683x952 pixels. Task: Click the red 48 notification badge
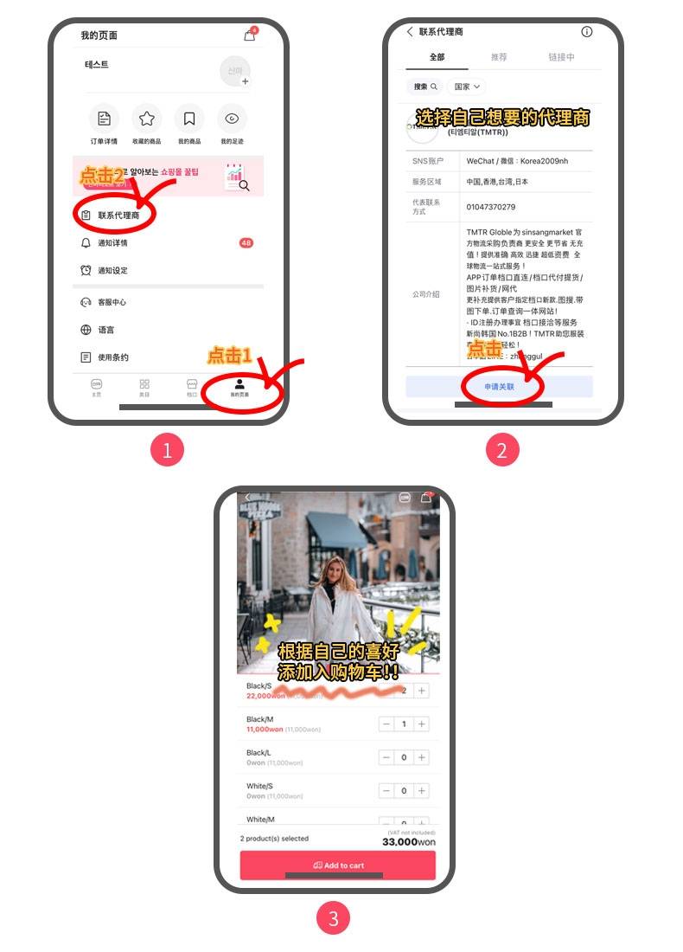click(x=246, y=243)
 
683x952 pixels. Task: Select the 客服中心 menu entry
click(x=112, y=302)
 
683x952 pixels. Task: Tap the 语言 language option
click(x=105, y=330)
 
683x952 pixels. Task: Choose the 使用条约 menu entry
click(x=112, y=357)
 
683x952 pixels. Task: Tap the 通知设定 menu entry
click(x=112, y=271)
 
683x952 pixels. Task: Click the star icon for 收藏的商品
click(x=147, y=119)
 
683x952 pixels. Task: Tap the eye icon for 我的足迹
click(x=232, y=119)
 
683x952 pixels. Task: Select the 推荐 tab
click(x=499, y=57)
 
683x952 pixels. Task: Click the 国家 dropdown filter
click(x=468, y=87)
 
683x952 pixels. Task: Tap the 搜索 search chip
click(x=424, y=87)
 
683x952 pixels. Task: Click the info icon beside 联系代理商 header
click(x=587, y=32)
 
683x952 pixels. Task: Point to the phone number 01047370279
click(x=490, y=207)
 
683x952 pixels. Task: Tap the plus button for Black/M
click(x=421, y=724)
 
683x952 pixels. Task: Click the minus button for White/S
click(x=386, y=791)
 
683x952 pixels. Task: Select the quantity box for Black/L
click(x=404, y=757)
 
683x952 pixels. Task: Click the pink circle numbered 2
click(x=501, y=449)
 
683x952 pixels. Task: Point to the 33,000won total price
click(x=408, y=841)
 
